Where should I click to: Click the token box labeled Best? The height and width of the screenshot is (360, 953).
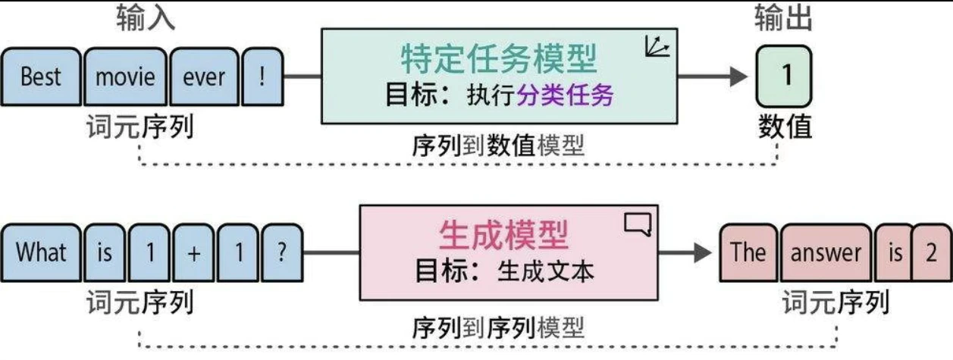click(41, 77)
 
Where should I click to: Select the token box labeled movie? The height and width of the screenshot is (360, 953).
click(125, 77)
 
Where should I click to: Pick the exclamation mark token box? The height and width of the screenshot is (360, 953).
click(261, 77)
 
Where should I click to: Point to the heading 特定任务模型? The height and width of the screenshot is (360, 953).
click(498, 59)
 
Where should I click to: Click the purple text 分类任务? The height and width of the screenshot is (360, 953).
click(565, 96)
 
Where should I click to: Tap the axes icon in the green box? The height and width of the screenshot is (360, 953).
click(657, 48)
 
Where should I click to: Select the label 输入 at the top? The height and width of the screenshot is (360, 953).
click(146, 19)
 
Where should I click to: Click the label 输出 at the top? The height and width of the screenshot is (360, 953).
click(783, 19)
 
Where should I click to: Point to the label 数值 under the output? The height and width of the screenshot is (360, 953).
click(785, 127)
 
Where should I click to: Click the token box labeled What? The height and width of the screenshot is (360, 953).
click(41, 252)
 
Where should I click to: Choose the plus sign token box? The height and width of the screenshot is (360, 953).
click(193, 252)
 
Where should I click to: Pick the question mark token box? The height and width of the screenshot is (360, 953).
click(282, 252)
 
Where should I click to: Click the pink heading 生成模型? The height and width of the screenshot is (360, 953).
click(503, 236)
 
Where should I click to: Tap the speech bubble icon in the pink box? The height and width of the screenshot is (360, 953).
click(637, 225)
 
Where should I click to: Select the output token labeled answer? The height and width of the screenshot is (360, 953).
click(826, 252)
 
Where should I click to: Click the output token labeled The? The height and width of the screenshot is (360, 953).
click(748, 252)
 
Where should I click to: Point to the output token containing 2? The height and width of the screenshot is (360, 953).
click(931, 252)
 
